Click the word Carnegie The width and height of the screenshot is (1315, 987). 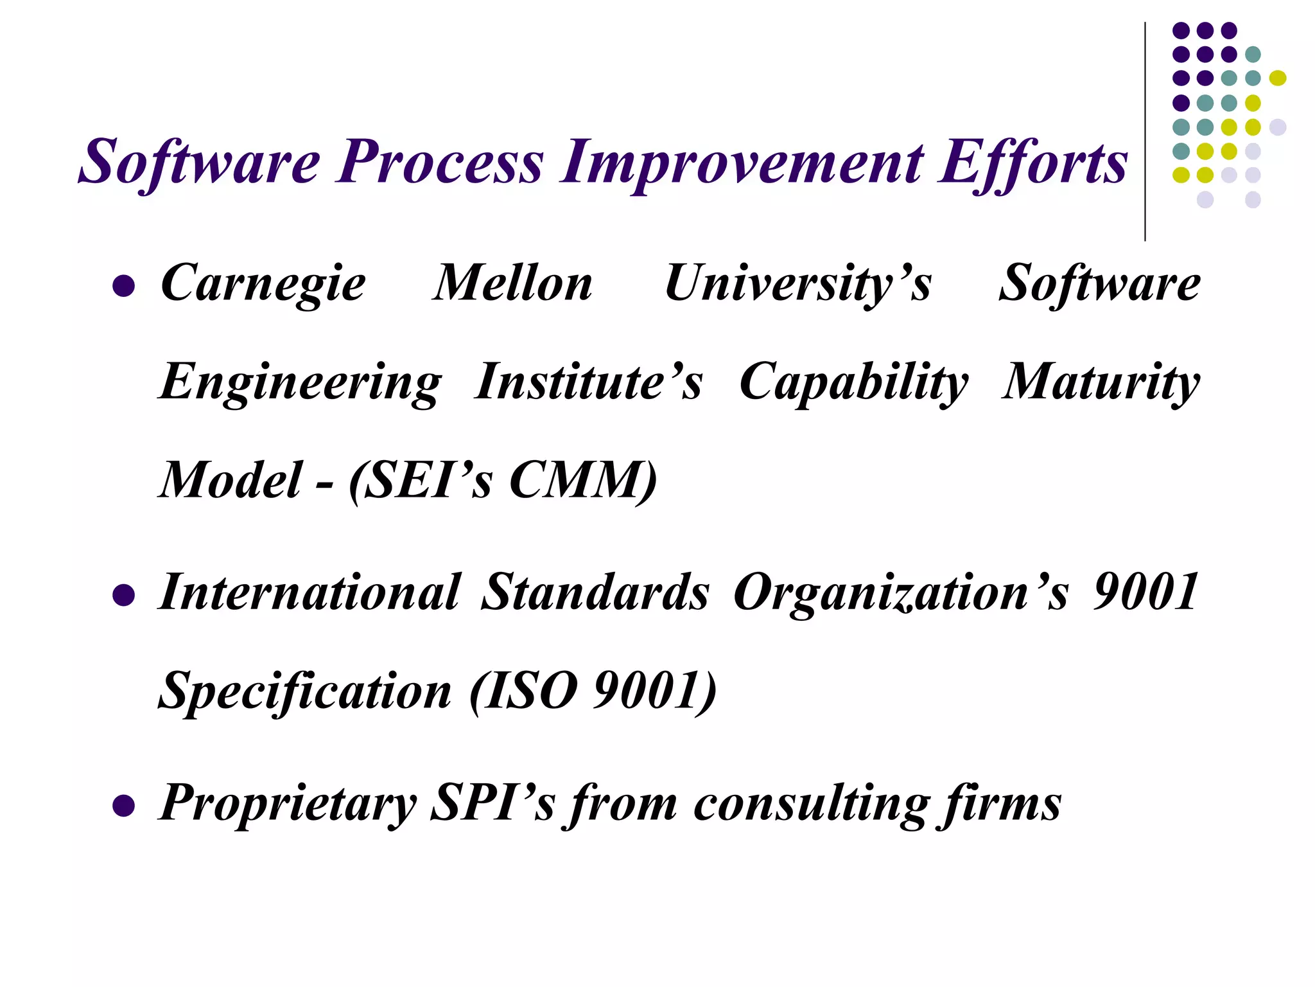click(x=263, y=284)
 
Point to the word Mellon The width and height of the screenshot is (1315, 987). click(x=512, y=284)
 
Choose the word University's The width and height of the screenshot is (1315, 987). click(x=797, y=284)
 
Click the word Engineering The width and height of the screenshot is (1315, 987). click(x=300, y=382)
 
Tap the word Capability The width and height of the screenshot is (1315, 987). click(x=853, y=382)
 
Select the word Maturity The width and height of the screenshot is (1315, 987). click(x=1101, y=382)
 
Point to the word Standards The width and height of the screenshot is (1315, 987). click(x=595, y=592)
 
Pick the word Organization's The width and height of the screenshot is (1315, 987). click(x=900, y=592)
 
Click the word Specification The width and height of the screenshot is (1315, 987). click(x=305, y=691)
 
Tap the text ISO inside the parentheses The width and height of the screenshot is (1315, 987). click(x=531, y=691)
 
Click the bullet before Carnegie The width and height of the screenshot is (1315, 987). click(x=123, y=285)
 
